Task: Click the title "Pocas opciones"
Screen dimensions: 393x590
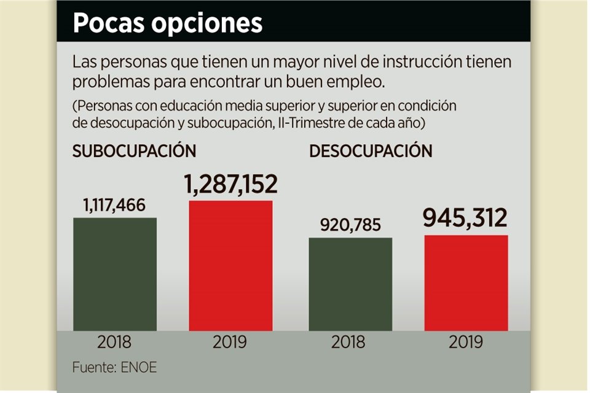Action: point(167,23)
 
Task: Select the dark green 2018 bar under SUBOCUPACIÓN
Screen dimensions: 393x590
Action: point(115,274)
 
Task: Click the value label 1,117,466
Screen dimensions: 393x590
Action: point(115,205)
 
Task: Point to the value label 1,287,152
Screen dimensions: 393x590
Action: point(230,185)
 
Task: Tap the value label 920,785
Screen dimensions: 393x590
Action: point(350,225)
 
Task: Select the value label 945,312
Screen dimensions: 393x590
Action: point(466,218)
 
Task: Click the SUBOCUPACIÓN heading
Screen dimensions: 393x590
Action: point(135,151)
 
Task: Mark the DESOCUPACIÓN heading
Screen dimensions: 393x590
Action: point(371,151)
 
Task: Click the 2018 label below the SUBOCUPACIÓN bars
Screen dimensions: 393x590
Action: point(115,342)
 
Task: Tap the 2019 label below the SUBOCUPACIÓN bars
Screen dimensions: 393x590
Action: point(230,342)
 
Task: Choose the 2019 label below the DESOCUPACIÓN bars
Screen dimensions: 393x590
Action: point(466,342)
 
